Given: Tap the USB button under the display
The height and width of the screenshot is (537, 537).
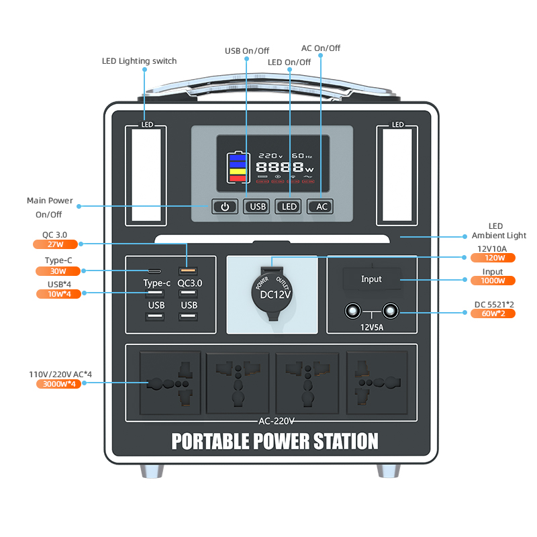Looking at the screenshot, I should [x=258, y=207].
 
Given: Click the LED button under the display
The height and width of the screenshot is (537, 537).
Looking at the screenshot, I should [x=289, y=207].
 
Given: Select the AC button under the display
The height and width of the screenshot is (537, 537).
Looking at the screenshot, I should [x=322, y=207].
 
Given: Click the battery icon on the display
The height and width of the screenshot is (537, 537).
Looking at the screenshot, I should [x=238, y=168].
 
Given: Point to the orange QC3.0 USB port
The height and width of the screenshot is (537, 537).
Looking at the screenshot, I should [x=187, y=271].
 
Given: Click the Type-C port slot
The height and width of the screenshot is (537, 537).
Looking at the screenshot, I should [x=155, y=271].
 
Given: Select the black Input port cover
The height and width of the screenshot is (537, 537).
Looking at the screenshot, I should [x=371, y=279].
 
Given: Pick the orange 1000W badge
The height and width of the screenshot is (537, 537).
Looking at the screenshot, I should [x=498, y=281].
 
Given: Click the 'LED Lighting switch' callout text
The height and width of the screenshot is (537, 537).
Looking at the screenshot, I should [x=139, y=61].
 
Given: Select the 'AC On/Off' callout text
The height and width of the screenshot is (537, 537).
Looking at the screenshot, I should [x=320, y=48].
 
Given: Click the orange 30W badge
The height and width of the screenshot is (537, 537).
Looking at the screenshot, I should [x=58, y=271].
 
